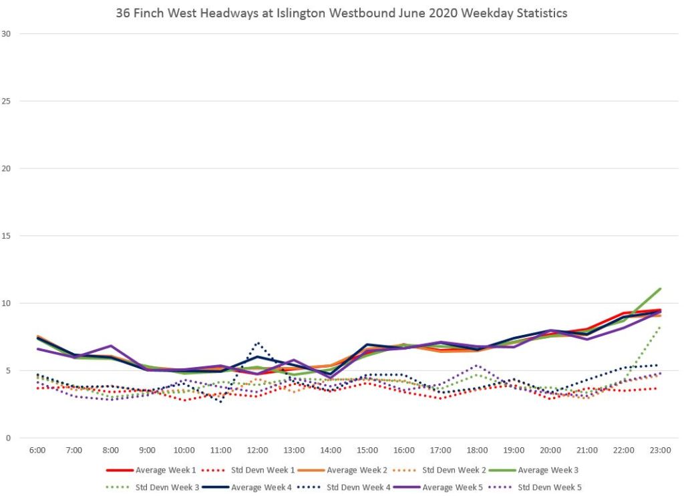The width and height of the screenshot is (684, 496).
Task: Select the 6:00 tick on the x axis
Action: point(37,450)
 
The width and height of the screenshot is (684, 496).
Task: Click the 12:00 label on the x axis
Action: point(258,450)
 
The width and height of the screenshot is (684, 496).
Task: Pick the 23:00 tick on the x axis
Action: point(660,450)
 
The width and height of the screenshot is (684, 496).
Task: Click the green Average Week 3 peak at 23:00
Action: point(660,289)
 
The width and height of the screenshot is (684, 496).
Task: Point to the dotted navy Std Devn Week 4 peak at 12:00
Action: point(258,343)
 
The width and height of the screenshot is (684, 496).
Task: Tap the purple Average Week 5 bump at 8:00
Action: point(111,346)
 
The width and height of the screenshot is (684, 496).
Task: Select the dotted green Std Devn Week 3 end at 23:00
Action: point(660,327)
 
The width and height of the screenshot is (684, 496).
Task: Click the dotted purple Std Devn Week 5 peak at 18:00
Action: point(476,366)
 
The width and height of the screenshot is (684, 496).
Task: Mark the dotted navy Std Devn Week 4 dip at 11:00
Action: point(221,402)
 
